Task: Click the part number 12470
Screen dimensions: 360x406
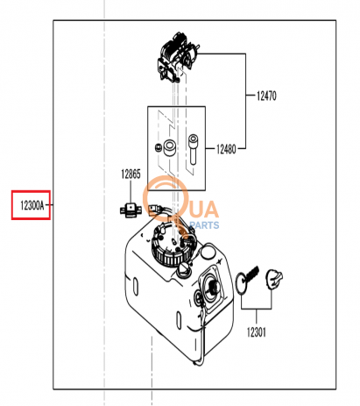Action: coord(266,96)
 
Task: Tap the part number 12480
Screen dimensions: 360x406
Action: coord(226,149)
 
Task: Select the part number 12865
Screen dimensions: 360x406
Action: coord(131,174)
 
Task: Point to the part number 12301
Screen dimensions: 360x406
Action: coord(257,332)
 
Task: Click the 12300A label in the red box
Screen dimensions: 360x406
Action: coord(32,205)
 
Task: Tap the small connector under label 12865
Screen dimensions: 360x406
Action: coord(131,210)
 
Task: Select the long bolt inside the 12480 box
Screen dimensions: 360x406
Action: coord(193,149)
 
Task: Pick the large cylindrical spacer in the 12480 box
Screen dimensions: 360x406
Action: coord(169,147)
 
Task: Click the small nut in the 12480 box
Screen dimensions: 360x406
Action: coord(158,148)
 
